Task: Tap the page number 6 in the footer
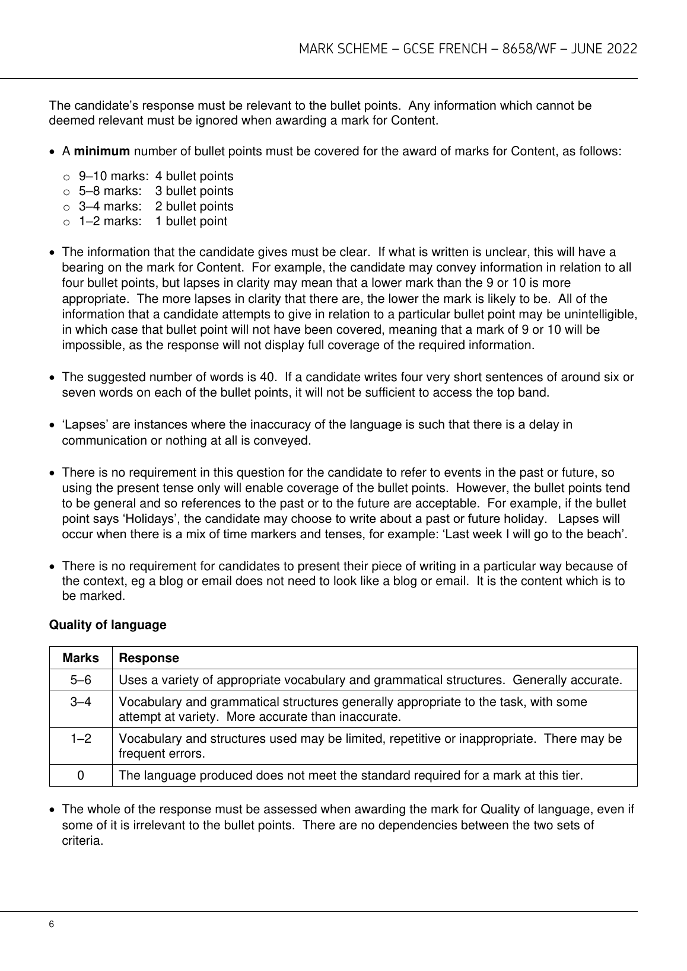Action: [52, 925]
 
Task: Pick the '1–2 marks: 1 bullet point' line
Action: [152, 221]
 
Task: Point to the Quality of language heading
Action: [107, 625]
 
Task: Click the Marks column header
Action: [81, 658]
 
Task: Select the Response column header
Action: [149, 658]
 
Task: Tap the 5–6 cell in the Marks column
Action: [81, 680]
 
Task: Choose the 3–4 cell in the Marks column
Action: [81, 702]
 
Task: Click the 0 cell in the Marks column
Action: [81, 775]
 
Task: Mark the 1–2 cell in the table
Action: [81, 739]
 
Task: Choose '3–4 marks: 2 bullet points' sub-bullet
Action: [156, 206]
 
